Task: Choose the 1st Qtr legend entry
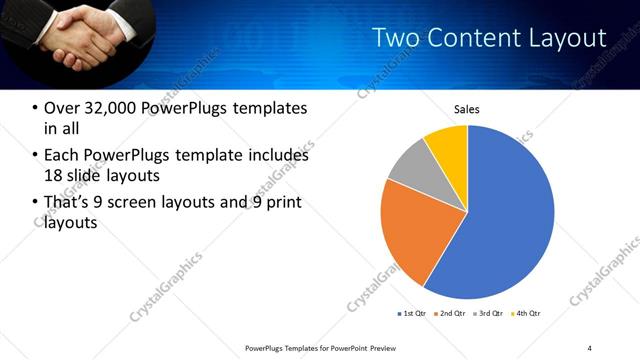point(411,313)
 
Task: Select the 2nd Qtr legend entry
point(450,313)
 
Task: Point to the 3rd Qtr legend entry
point(488,313)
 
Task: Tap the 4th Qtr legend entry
point(526,313)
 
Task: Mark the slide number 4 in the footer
point(590,347)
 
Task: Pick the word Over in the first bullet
point(62,108)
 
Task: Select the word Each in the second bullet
point(62,155)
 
